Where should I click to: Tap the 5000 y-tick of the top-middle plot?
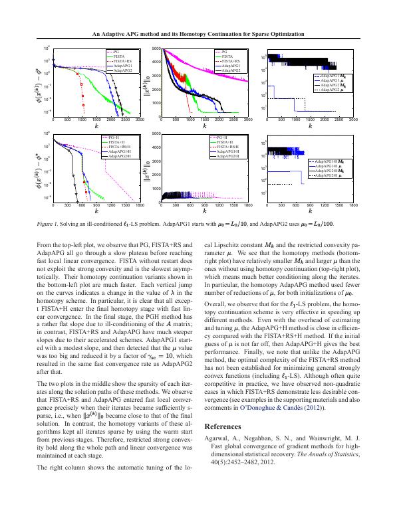pyautogui.click(x=157, y=48)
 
